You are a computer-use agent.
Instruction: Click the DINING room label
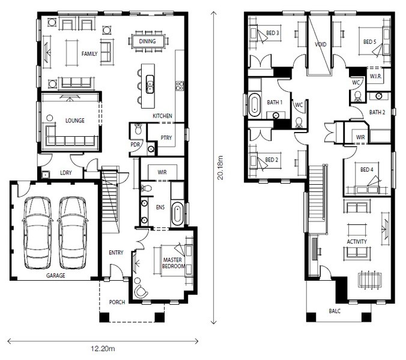[147, 41]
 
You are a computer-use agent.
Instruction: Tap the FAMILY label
[89, 54]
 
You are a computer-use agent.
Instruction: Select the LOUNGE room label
[75, 121]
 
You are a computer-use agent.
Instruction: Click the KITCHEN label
[162, 116]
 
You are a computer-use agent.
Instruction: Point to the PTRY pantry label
[166, 137]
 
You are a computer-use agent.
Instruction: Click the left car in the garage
[38, 233]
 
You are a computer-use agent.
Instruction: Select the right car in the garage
[73, 233]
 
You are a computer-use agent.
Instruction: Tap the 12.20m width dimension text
[103, 349]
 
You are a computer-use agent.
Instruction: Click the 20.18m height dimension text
[220, 167]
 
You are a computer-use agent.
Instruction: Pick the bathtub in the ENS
[177, 214]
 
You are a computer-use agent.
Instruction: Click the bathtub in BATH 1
[254, 104]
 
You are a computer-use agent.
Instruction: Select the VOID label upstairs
[321, 44]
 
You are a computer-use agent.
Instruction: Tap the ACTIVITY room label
[357, 242]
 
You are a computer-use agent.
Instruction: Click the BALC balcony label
[335, 311]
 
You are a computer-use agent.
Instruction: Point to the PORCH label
[117, 302]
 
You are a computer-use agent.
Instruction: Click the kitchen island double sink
[150, 84]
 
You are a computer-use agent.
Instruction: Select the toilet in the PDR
[138, 128]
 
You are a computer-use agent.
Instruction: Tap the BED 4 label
[367, 170]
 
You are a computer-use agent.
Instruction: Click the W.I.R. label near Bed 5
[376, 76]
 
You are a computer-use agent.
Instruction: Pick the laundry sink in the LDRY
[45, 175]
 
